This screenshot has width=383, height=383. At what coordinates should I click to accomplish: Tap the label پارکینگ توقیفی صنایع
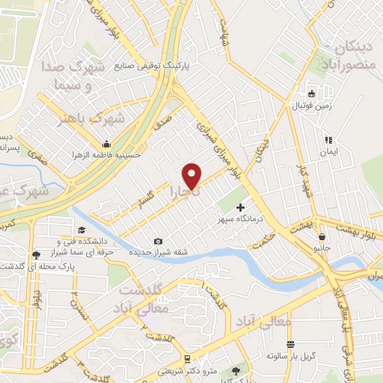click(x=153, y=65)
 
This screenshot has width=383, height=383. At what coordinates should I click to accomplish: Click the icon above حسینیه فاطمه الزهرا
click(x=108, y=144)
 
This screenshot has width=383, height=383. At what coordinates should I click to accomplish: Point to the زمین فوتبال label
click(x=312, y=107)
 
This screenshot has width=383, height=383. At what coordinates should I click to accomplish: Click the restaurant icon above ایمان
click(x=328, y=140)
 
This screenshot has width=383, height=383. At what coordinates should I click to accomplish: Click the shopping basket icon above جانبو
click(x=321, y=236)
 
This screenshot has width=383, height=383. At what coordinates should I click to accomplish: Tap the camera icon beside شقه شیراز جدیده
click(x=158, y=241)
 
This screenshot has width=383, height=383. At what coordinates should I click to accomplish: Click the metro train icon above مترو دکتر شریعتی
click(x=186, y=358)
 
